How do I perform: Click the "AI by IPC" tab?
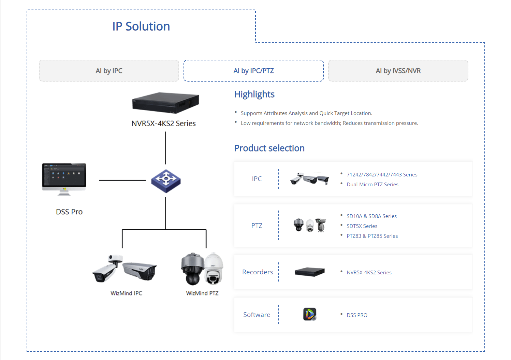click(x=109, y=71)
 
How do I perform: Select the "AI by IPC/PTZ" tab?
click(x=253, y=71)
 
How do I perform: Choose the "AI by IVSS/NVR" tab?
click(x=398, y=71)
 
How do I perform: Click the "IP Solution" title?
click(x=141, y=26)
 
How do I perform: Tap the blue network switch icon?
click(x=166, y=181)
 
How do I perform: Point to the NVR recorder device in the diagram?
click(x=165, y=102)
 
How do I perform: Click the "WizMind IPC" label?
click(x=126, y=293)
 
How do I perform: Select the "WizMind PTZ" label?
click(x=202, y=293)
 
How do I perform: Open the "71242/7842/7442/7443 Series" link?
click(x=382, y=174)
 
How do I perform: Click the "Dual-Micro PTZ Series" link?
click(x=372, y=184)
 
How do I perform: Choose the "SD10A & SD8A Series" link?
click(x=371, y=216)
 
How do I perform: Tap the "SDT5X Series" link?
click(x=362, y=226)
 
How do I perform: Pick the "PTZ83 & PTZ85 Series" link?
click(x=372, y=236)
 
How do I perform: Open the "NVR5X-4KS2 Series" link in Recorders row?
click(x=369, y=272)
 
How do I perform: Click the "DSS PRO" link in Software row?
click(x=357, y=315)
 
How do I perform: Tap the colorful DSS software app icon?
click(x=310, y=314)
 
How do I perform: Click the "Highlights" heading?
click(x=254, y=94)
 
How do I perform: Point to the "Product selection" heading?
click(x=269, y=148)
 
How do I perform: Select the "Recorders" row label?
click(x=257, y=272)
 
